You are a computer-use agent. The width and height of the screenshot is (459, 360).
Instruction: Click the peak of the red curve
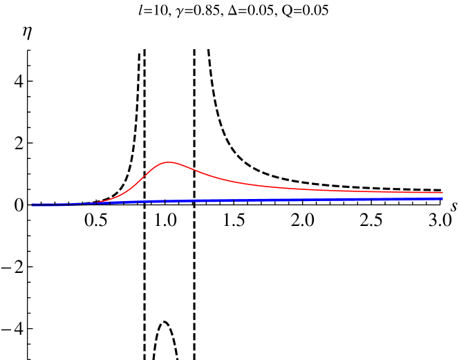pyautogui.click(x=169, y=162)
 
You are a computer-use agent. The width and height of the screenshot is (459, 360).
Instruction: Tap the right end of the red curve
pyautogui.click(x=442, y=192)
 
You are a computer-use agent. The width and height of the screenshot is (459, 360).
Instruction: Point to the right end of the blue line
pyautogui.click(x=442, y=198)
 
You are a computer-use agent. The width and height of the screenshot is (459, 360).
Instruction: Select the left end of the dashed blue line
pyautogui.click(x=32, y=204)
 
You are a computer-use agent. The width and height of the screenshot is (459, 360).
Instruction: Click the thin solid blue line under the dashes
pyautogui.click(x=48, y=206)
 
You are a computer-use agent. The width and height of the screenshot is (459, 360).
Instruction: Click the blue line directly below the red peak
pyautogui.click(x=169, y=201)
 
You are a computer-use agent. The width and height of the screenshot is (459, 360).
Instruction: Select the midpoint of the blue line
pyautogui.click(x=237, y=200)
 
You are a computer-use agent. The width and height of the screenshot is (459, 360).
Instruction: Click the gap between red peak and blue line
pyautogui.click(x=169, y=182)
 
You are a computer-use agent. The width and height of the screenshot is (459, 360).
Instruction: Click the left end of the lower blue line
pyautogui.click(x=32, y=206)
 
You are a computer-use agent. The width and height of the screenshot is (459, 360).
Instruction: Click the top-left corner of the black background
pyautogui.click(x=1, y=1)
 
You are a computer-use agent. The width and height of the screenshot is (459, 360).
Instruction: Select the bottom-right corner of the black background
pyautogui.click(x=458, y=359)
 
